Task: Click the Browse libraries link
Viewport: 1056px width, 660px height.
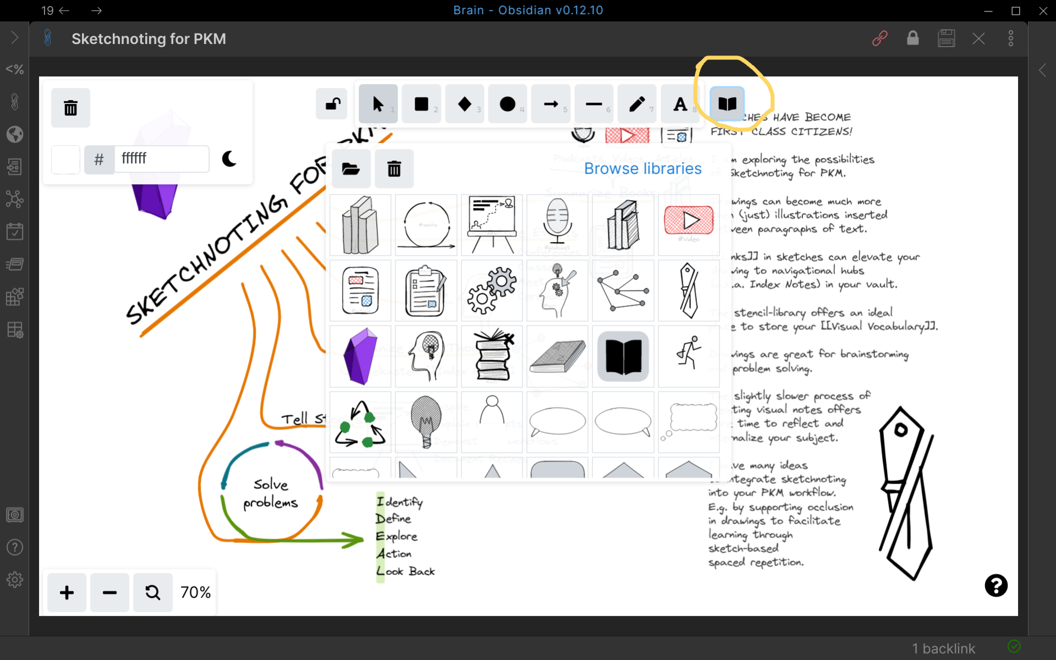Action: (642, 168)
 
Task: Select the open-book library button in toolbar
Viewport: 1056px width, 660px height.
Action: (727, 103)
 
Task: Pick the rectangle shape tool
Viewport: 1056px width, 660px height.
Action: (421, 104)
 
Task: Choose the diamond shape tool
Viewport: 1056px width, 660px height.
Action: (464, 104)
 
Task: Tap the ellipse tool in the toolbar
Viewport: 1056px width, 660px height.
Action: (507, 104)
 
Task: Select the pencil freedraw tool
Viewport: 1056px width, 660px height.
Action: (637, 104)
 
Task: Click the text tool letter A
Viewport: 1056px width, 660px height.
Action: (680, 104)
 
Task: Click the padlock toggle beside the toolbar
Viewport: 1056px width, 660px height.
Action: (332, 104)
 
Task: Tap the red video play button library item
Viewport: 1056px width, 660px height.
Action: (689, 221)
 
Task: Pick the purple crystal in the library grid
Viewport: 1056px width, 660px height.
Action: (360, 356)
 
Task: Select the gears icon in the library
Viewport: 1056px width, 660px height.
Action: (492, 290)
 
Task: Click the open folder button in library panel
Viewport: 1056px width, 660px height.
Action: (351, 168)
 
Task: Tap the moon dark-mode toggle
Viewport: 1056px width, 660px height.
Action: (229, 159)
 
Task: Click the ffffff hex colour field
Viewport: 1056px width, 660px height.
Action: (162, 159)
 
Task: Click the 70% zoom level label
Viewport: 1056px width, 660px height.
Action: (195, 592)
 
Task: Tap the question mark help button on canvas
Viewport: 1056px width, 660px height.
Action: (996, 586)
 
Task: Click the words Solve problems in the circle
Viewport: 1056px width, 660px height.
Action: (271, 493)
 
